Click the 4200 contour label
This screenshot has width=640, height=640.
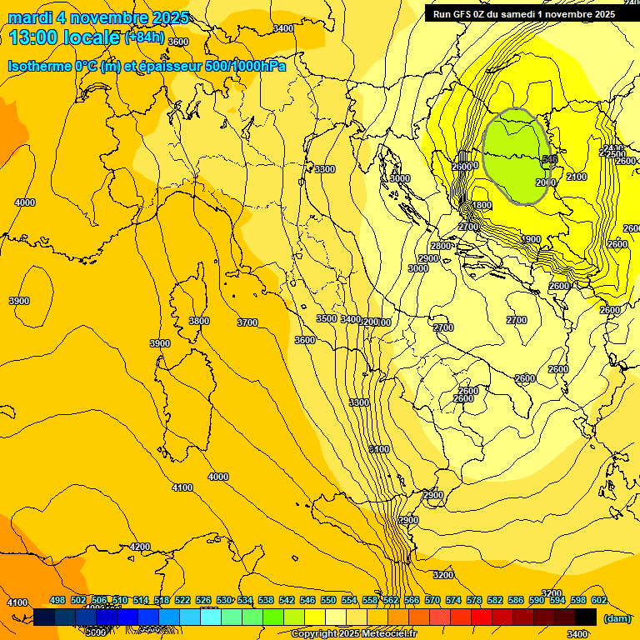coord(140,547)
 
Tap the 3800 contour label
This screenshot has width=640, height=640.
coord(198,321)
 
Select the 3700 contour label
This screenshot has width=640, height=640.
coord(247,322)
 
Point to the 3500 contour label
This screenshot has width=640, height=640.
coord(327,318)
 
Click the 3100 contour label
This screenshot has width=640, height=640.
coord(378,449)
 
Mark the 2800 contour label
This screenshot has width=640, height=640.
coord(441,246)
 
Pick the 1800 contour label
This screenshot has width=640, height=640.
coord(482,205)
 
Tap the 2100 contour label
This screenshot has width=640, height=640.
coord(577,177)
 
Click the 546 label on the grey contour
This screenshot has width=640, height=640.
coord(549,159)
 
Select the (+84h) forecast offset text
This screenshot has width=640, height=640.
coord(144,37)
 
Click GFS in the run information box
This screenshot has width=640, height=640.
coord(463,13)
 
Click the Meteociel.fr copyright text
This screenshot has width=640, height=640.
coord(354,633)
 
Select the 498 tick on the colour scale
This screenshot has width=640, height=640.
coord(57,600)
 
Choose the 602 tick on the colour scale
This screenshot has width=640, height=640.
coord(598,600)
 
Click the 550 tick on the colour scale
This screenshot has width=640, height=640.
coord(327,600)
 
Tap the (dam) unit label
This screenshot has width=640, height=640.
coord(617,617)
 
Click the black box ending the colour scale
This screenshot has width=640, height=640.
coord(586,617)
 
